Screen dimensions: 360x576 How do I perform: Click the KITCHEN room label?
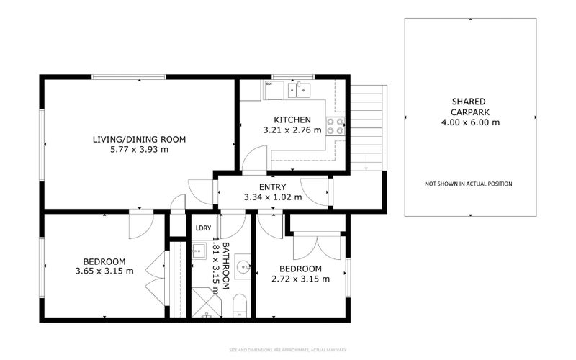pos(292,120)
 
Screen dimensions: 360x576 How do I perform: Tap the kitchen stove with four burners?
pos(335,127)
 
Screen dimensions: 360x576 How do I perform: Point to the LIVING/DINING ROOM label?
pos(139,139)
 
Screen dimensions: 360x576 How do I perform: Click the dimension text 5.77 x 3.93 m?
pos(139,150)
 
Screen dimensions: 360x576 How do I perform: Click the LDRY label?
pos(203,228)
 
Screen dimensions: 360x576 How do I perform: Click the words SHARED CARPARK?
pos(469,107)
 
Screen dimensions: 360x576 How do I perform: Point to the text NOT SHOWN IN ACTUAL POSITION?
pos(469,184)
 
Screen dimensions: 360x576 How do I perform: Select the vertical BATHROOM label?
pos(225,266)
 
